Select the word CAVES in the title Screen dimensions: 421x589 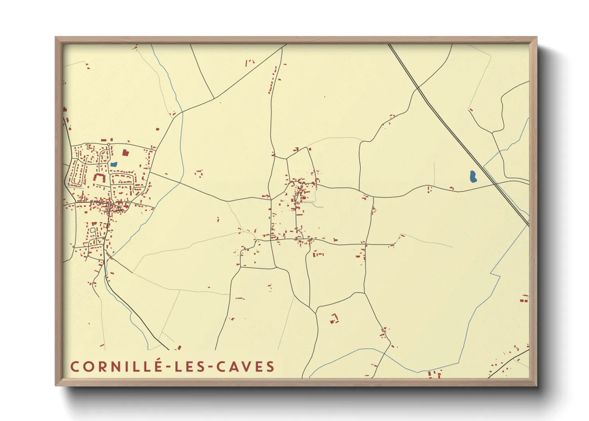(x=246, y=366)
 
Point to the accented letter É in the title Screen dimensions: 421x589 (x=158, y=366)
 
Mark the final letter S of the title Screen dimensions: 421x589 (x=271, y=366)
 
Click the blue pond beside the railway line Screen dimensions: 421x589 (x=473, y=176)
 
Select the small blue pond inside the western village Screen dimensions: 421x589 (x=114, y=164)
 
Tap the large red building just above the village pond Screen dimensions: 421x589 (x=125, y=152)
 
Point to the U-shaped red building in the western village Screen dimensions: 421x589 (x=99, y=178)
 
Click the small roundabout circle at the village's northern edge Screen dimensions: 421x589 (x=108, y=144)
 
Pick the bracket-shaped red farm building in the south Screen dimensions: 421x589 (x=334, y=318)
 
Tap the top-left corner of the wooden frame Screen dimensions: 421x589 (x=56, y=38)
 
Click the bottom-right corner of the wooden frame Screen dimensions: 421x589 (x=536, y=385)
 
